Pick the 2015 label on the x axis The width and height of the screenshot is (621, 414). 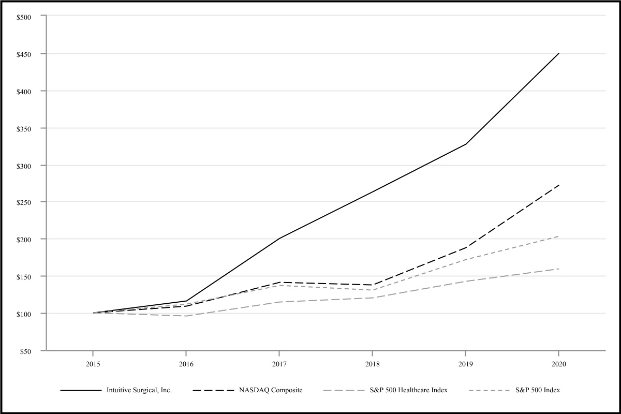[93, 364]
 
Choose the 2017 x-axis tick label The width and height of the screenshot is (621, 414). [279, 364]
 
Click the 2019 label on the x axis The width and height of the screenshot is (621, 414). [465, 364]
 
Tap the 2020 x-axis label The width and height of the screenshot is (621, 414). [558, 364]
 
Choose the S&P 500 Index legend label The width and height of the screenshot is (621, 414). [538, 390]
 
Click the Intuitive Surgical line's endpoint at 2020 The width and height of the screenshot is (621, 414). [558, 53]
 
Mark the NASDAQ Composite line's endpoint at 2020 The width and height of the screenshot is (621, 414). [558, 185]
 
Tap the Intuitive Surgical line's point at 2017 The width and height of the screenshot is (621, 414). [279, 239]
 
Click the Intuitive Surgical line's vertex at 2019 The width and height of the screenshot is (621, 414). [465, 144]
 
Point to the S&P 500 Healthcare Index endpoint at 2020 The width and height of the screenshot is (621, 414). [558, 269]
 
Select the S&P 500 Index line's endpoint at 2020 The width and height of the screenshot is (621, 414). [558, 236]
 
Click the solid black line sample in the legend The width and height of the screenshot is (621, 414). [81, 390]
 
